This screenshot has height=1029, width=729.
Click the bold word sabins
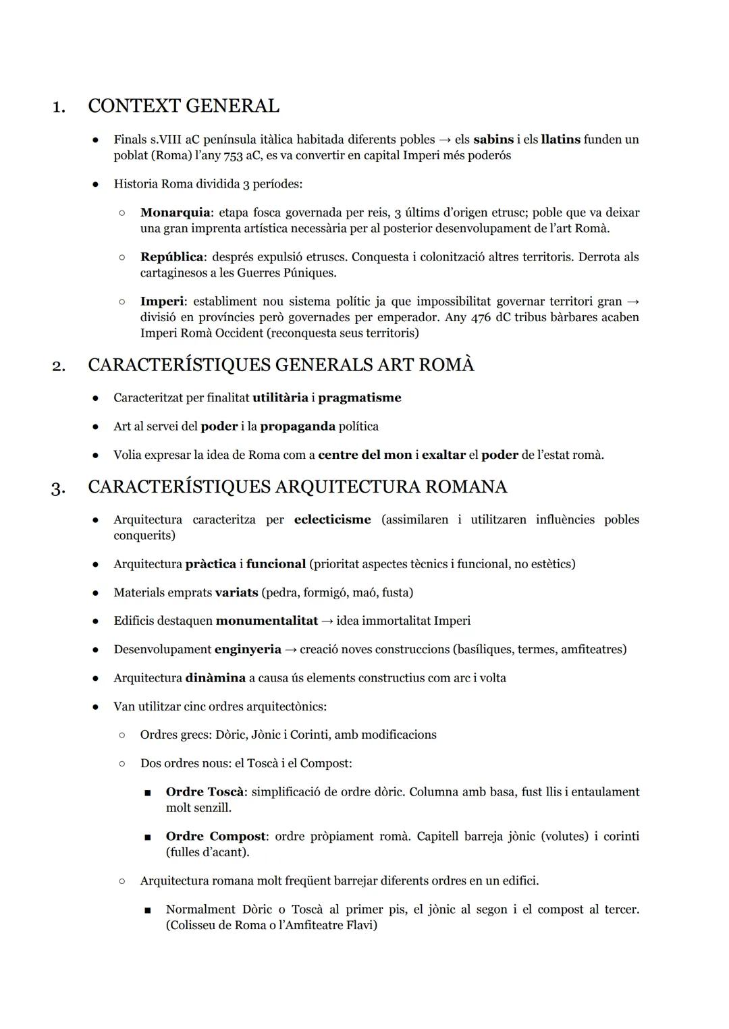point(493,140)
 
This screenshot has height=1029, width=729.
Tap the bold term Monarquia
point(175,213)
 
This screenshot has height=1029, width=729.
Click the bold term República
point(172,257)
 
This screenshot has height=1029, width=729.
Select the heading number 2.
point(59,366)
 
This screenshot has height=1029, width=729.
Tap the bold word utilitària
point(279,398)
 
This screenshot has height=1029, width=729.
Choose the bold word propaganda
point(298,426)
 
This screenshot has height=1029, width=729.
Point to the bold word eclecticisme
point(332,520)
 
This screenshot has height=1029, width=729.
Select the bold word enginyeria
point(248,649)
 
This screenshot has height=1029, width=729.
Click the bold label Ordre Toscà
point(205,792)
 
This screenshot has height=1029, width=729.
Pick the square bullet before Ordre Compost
point(147,837)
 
